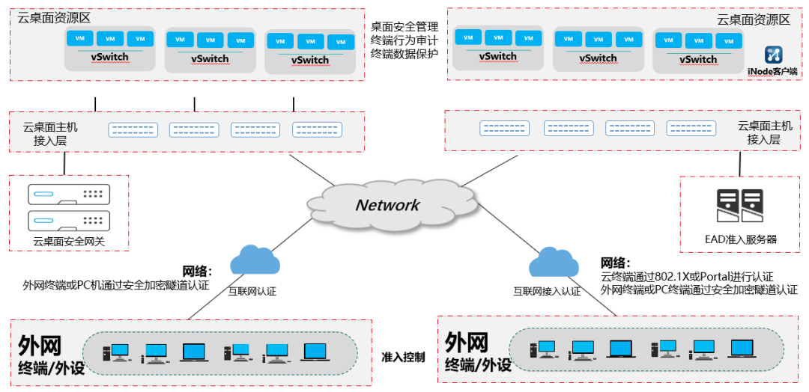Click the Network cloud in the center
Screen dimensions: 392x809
[x=387, y=204]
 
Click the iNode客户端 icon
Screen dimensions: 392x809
[x=773, y=55]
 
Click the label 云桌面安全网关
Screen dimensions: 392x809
[x=70, y=241]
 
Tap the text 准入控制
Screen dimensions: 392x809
[x=403, y=357]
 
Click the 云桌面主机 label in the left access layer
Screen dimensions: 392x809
[x=50, y=127]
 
